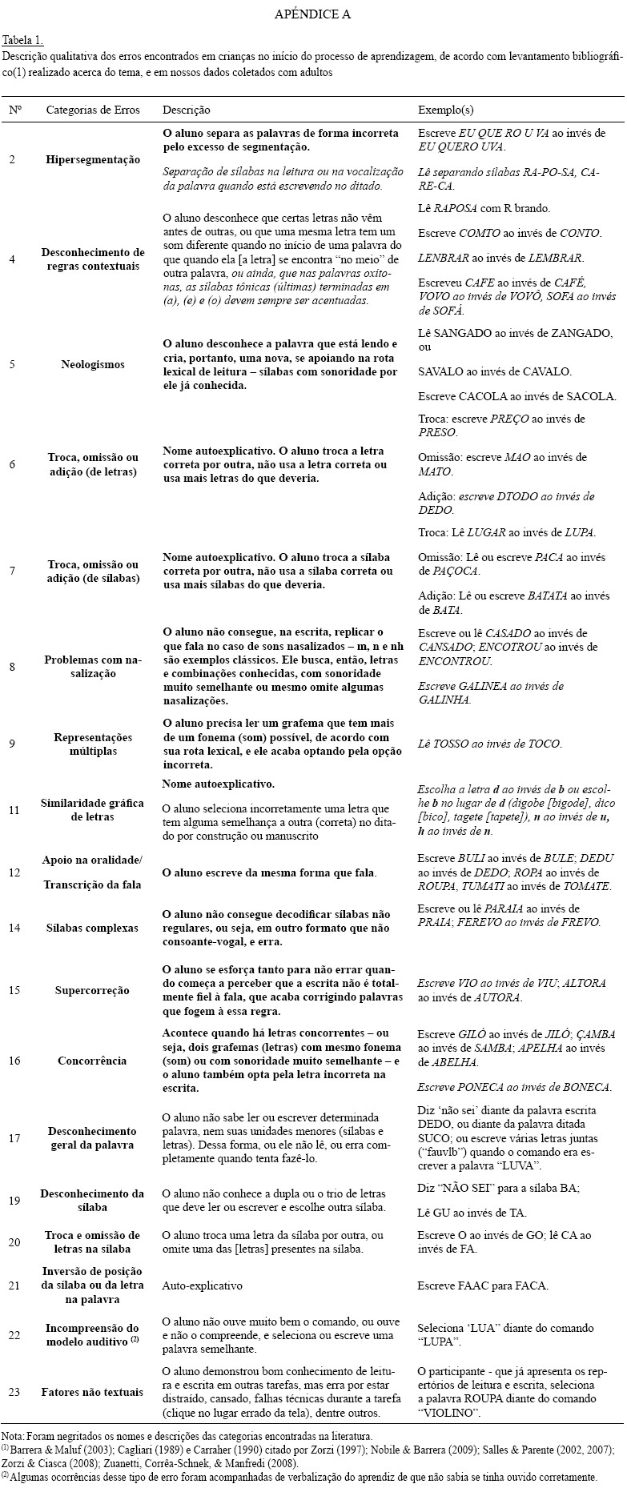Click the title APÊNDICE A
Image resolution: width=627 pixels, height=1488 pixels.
click(x=312, y=14)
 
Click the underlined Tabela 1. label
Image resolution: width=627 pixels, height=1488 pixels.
click(x=23, y=40)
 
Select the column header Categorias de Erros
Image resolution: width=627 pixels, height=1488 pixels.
click(x=92, y=110)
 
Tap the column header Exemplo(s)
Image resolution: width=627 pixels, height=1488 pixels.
click(x=445, y=110)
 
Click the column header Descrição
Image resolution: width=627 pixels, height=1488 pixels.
click(x=187, y=110)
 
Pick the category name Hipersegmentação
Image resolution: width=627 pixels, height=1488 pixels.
click(x=93, y=159)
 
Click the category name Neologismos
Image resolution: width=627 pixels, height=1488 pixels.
click(x=93, y=364)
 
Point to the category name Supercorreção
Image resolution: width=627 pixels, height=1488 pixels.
click(x=93, y=990)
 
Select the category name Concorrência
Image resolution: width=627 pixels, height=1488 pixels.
click(x=93, y=1061)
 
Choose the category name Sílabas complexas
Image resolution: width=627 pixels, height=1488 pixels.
click(x=93, y=928)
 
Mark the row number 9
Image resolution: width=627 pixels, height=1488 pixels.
click(x=12, y=744)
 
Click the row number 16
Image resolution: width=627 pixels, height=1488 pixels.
click(x=14, y=1061)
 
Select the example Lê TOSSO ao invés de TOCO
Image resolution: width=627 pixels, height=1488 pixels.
click(x=490, y=744)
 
